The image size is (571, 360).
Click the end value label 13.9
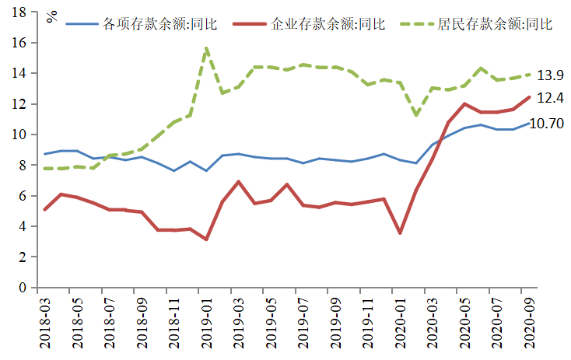(x=551, y=75)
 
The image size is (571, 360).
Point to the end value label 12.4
(x=551, y=98)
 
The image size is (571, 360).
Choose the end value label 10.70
(x=547, y=124)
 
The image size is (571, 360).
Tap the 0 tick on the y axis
(x=25, y=288)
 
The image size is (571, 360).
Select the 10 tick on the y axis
(x=21, y=135)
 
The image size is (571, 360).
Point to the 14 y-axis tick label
(x=21, y=74)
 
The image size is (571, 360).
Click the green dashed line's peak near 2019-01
(x=206, y=48)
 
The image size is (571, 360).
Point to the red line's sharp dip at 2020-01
(x=400, y=233)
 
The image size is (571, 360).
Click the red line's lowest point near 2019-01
(x=206, y=239)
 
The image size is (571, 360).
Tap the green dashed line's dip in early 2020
(x=416, y=115)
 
